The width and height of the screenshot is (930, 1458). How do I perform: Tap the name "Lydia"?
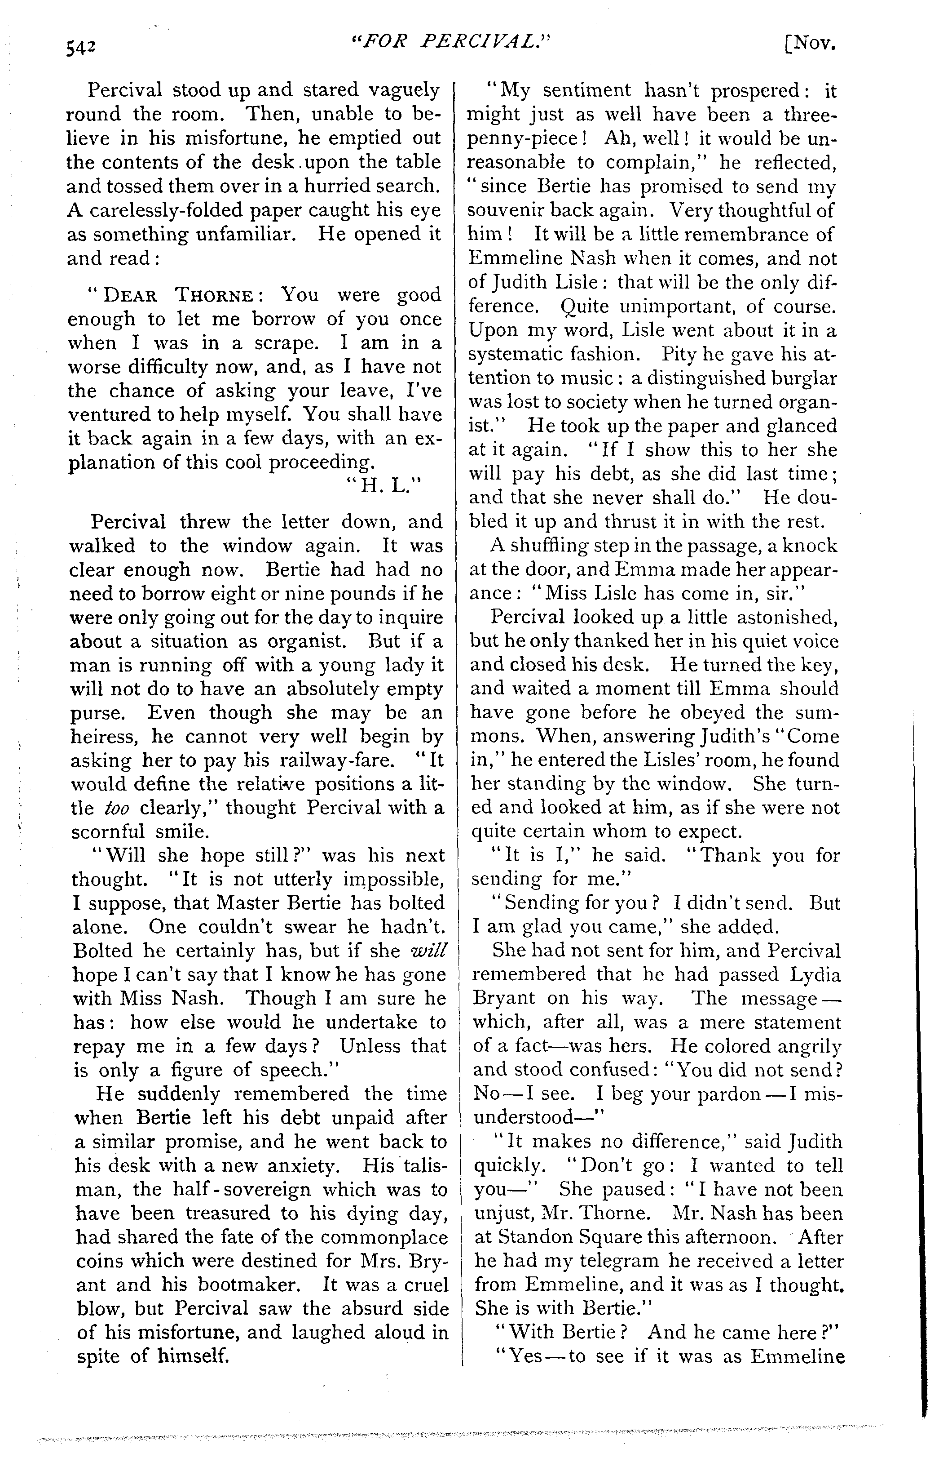click(811, 975)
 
